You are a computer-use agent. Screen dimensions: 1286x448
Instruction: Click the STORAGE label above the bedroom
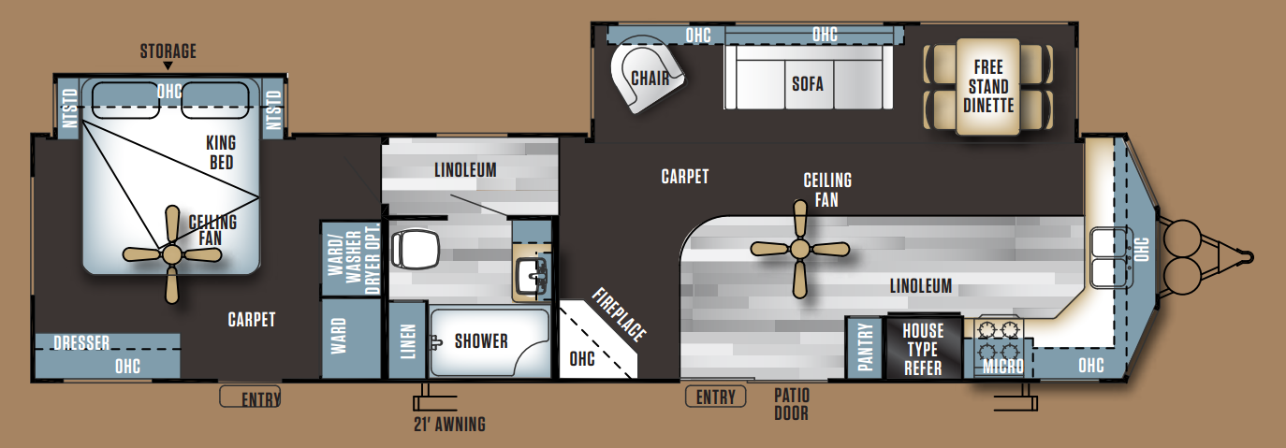point(168,51)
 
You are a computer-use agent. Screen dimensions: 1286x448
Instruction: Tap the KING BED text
point(221,152)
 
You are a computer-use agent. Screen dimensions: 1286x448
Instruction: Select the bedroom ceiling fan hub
point(171,254)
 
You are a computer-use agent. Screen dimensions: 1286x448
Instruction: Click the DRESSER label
point(81,343)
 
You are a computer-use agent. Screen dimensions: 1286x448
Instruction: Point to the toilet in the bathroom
point(415,250)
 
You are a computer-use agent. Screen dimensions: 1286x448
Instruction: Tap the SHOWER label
point(481,341)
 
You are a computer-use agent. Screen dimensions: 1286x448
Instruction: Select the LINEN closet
point(407,340)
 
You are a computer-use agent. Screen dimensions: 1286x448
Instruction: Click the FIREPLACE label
point(620,314)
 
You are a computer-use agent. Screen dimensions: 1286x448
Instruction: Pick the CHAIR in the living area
point(647,75)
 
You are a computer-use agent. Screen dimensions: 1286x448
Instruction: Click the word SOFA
point(808,84)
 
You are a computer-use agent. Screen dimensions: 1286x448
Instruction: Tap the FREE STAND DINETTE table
point(988,87)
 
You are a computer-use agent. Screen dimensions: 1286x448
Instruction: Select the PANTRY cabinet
point(864,348)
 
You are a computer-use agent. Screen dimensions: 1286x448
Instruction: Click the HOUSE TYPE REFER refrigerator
point(923,347)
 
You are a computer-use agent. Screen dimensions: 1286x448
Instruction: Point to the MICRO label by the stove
point(1003,366)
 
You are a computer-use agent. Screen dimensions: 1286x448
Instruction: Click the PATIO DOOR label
point(791,404)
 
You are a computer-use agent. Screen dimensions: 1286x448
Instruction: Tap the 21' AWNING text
point(449,425)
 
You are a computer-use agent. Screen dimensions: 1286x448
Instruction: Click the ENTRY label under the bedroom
point(260,399)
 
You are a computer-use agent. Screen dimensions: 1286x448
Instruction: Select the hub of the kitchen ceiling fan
point(799,249)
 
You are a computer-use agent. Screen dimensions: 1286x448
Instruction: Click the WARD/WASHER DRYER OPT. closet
point(351,259)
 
